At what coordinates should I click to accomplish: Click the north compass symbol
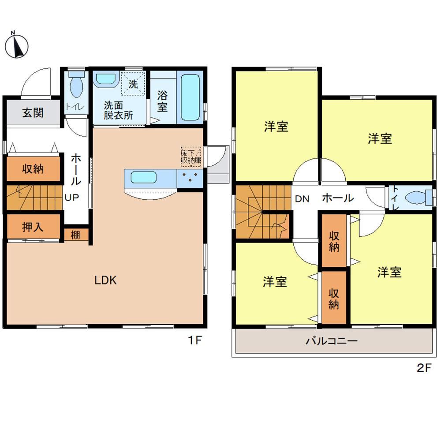pos(17,45)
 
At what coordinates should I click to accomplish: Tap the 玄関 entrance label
pos(33,112)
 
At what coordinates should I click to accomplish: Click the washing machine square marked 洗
pos(134,83)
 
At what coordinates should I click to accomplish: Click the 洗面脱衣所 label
pos(118,110)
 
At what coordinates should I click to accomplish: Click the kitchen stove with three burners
pos(190,178)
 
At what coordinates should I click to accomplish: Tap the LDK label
pos(105,280)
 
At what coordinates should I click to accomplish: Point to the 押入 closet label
pos(33,227)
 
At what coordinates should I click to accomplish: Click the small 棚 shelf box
pos(76,235)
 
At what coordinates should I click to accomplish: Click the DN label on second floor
pos(302,198)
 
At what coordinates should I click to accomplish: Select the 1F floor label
pos(195,340)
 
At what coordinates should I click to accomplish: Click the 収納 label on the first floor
pos(33,168)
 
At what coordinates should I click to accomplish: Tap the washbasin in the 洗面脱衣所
pos(105,79)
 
